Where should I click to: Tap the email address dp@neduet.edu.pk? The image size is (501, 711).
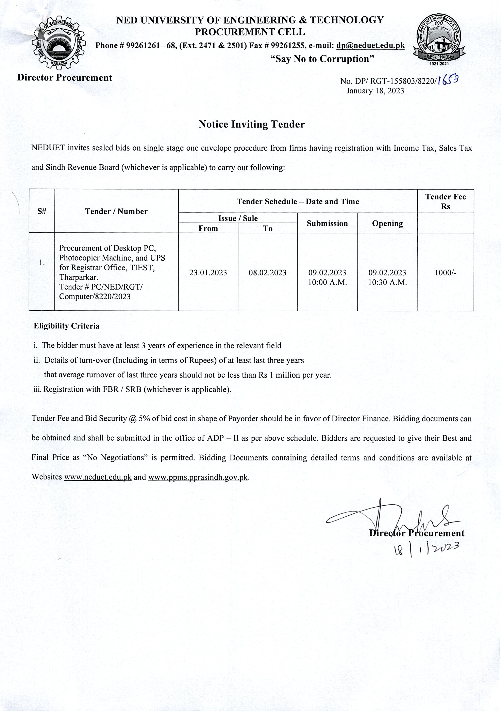pos(370,46)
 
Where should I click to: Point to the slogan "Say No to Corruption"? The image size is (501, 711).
pos(322,59)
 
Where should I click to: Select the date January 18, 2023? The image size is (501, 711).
pos(375,91)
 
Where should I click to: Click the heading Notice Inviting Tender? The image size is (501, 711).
pos(251,124)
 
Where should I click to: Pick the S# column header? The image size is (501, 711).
pos(42,211)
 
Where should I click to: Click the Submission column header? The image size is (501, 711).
pos(327,223)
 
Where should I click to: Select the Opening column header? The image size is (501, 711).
pos(387,223)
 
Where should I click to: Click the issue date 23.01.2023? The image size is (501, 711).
pos(208,273)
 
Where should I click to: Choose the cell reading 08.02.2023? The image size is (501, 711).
pos(268,273)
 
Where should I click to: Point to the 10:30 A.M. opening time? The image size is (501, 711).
pos(387,282)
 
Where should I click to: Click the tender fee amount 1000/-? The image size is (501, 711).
pos(445,273)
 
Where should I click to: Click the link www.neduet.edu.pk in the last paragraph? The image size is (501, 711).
pos(98,477)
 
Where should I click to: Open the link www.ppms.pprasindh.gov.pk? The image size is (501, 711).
pos(198,477)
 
